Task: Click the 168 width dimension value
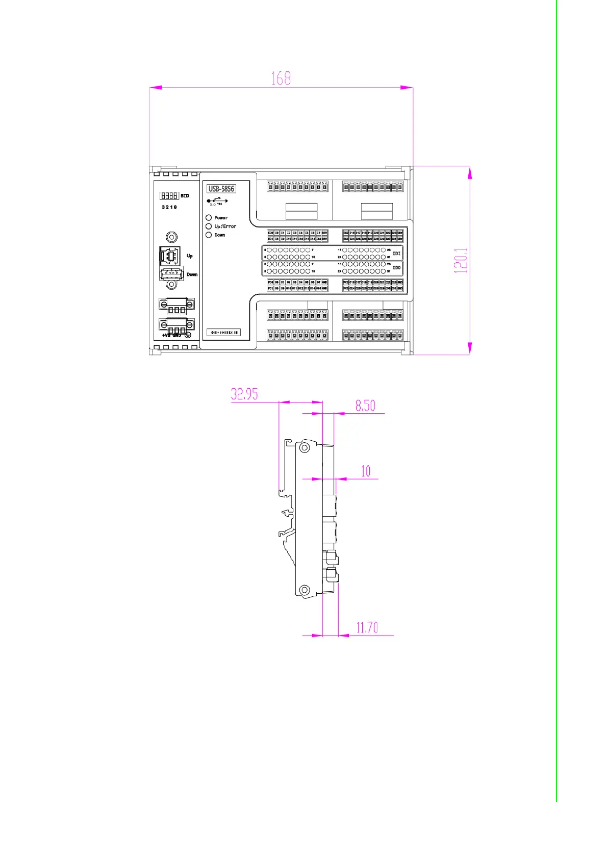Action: [x=281, y=78]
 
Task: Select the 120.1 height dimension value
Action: [x=461, y=261]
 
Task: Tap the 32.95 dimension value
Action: [x=244, y=394]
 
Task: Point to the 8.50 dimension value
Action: [x=365, y=406]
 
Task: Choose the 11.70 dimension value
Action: [x=367, y=627]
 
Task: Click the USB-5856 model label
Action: [x=221, y=189]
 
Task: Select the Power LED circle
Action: [x=209, y=218]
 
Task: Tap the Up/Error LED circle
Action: [x=209, y=226]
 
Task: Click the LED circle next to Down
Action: [x=209, y=235]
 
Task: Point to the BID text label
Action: [x=185, y=196]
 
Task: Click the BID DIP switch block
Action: [x=169, y=196]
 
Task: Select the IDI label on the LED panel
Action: [x=396, y=254]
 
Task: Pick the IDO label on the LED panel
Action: [x=396, y=268]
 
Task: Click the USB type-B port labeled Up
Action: [x=169, y=255]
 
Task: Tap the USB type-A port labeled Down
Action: [x=171, y=273]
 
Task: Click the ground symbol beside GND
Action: [x=188, y=335]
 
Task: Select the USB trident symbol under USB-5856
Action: [x=217, y=201]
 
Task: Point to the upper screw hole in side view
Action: [x=305, y=448]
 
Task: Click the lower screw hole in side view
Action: [x=305, y=590]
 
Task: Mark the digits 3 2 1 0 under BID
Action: [x=169, y=207]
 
